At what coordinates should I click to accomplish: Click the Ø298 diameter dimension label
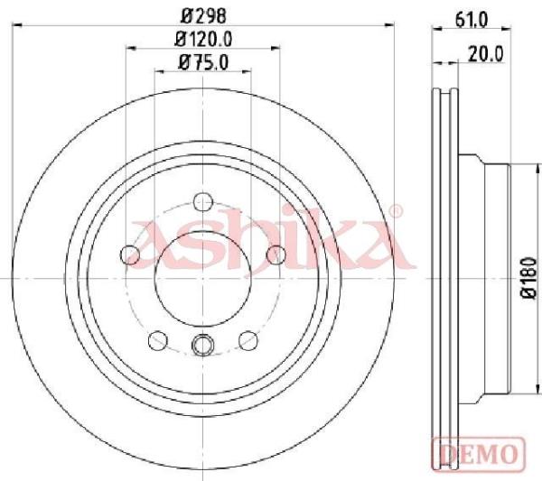203,15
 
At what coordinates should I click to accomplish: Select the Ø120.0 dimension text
203,39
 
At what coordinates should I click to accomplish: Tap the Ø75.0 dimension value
203,62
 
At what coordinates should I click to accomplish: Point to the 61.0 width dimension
472,20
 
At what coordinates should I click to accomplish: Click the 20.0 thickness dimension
486,54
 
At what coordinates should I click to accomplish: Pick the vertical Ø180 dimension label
529,277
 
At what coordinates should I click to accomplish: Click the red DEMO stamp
479,453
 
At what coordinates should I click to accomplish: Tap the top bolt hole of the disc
203,201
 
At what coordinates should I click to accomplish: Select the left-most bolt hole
130,254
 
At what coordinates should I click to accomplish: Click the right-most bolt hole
276,254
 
